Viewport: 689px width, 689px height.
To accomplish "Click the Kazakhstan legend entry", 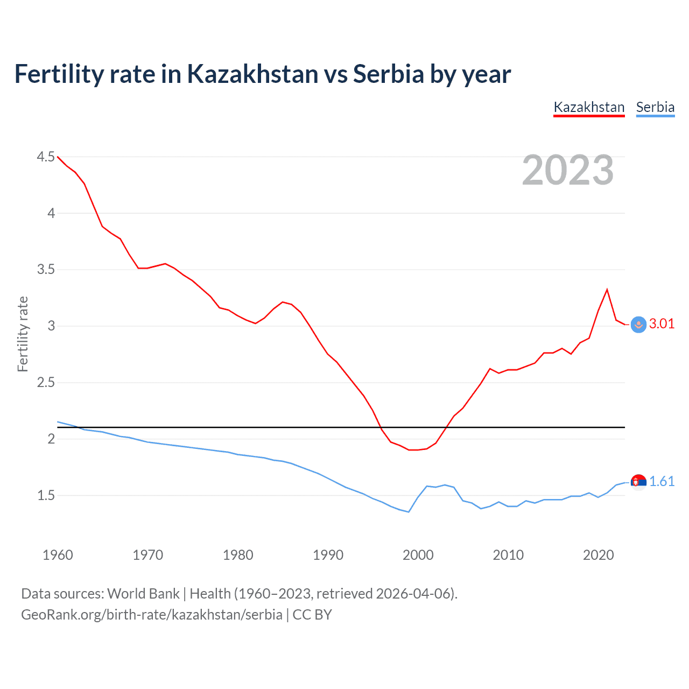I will (x=589, y=107).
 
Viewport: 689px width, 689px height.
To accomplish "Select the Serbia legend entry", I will (x=655, y=107).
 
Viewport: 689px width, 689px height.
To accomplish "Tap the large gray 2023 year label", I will (x=568, y=171).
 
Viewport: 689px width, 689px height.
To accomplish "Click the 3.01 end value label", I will (x=662, y=324).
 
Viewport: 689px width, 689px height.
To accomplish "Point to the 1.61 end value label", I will (x=662, y=481).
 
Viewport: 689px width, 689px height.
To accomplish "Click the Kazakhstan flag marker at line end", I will (x=638, y=325).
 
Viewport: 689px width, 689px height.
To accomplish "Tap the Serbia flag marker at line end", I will (x=638, y=482).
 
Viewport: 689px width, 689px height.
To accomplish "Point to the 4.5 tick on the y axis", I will (x=46, y=157).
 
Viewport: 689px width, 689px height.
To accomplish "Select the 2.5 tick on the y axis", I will (x=46, y=383).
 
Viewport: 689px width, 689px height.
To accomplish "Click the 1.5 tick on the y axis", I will (x=46, y=495).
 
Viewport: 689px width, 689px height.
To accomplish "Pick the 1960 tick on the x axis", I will (x=58, y=555).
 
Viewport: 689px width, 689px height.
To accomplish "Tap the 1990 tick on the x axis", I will (x=328, y=555).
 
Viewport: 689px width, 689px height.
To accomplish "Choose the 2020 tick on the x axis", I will (x=598, y=555).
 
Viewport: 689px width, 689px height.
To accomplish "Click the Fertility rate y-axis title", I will (x=23, y=334).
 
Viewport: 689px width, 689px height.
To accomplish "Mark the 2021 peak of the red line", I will (x=607, y=290).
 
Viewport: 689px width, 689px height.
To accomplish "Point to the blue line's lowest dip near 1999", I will (x=409, y=511).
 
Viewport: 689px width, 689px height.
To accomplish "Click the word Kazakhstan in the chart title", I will (x=252, y=74).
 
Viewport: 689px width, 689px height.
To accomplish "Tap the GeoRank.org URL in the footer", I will (x=151, y=615).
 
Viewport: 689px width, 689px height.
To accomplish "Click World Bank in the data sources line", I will (x=143, y=594).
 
